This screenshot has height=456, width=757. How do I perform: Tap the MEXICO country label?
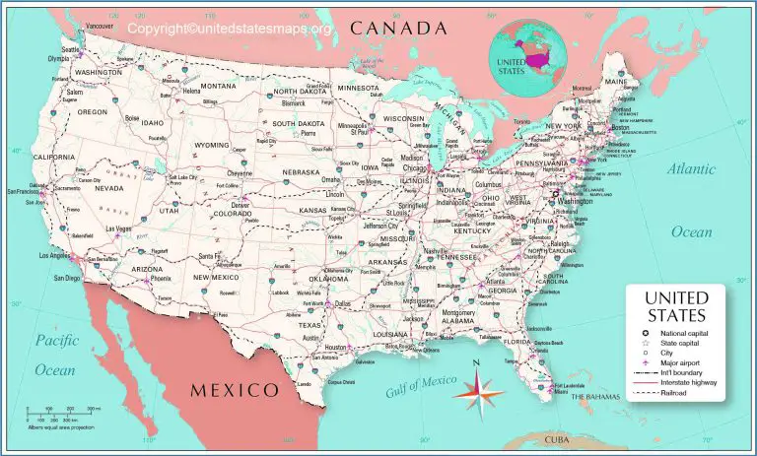[234, 391]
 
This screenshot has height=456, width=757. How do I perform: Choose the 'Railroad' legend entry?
[670, 392]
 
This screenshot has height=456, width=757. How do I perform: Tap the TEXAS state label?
[310, 324]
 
